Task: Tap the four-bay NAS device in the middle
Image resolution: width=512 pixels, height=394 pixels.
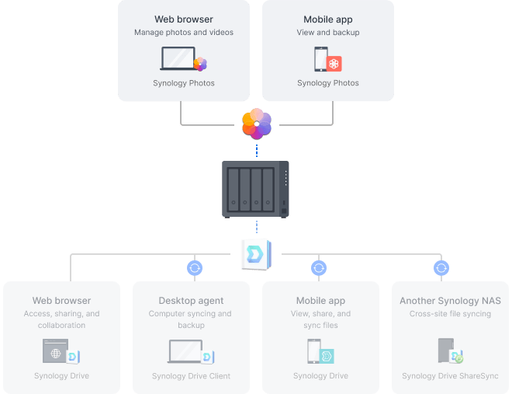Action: click(255, 189)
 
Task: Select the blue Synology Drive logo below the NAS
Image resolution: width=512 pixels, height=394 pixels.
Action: click(255, 253)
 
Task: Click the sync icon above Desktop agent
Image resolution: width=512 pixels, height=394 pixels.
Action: click(195, 268)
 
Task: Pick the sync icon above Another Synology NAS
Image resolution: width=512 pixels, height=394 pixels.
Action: click(441, 268)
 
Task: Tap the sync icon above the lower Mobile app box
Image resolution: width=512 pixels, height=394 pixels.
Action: click(318, 268)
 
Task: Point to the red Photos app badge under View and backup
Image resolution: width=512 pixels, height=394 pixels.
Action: click(334, 64)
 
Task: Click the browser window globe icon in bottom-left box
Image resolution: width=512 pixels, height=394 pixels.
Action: click(56, 352)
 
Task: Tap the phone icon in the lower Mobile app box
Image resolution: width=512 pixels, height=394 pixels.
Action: click(313, 352)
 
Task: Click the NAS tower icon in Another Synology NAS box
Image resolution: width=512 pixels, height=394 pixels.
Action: click(445, 351)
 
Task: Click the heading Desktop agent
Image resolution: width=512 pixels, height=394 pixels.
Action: click(191, 301)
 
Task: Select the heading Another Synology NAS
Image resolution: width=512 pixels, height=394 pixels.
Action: click(450, 301)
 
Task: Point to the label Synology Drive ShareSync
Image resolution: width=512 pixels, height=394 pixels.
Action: click(450, 376)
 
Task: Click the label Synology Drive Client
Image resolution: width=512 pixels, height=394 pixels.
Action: click(191, 376)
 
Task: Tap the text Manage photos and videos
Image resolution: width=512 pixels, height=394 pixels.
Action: click(184, 33)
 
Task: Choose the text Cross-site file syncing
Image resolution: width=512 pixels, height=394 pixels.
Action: click(450, 314)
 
